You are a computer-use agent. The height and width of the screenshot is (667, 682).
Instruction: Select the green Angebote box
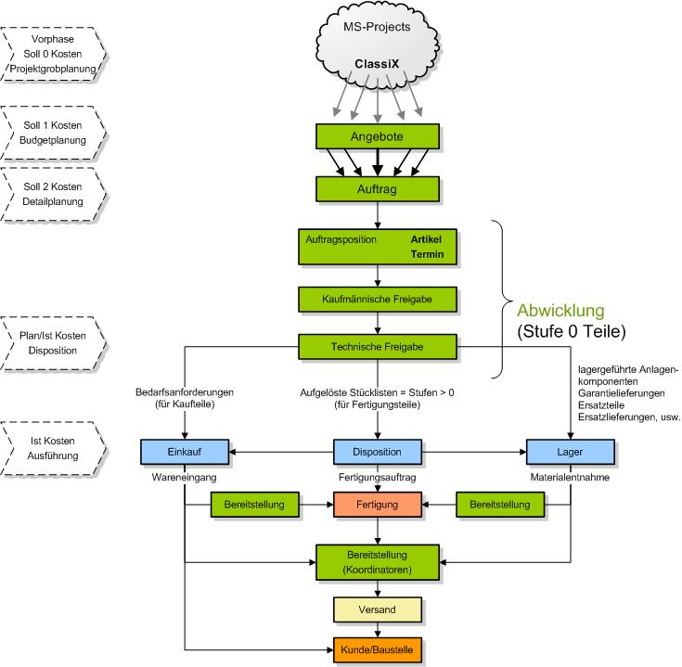click(x=377, y=137)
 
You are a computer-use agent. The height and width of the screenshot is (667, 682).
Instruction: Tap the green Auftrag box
click(x=377, y=188)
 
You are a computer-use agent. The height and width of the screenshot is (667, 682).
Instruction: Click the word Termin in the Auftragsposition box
click(x=428, y=254)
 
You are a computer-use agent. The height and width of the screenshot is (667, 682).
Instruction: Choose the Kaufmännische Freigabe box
click(x=377, y=300)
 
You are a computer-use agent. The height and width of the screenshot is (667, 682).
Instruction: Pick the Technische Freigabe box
click(x=377, y=346)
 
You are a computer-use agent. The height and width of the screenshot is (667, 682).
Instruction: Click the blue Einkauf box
click(x=185, y=452)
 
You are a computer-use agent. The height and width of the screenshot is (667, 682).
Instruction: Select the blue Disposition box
click(x=377, y=452)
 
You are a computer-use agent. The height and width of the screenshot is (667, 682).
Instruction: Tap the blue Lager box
click(x=569, y=452)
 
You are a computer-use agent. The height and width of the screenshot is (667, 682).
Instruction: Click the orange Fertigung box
click(x=377, y=505)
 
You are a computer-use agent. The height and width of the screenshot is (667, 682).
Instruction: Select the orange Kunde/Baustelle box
click(x=377, y=649)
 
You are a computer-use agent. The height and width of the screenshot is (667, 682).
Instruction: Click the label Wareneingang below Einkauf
click(x=185, y=479)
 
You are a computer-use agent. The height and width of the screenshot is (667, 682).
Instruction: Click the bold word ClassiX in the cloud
click(x=377, y=64)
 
